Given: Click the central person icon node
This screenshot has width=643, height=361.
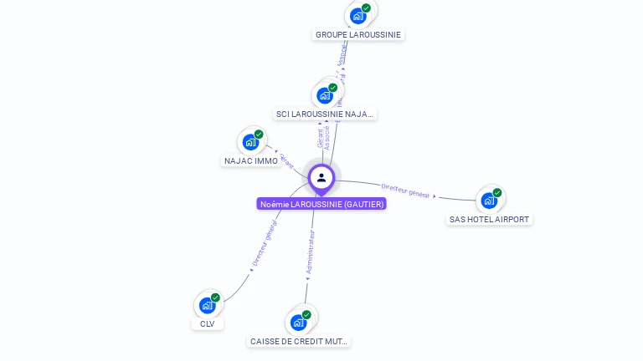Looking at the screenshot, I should (321, 177).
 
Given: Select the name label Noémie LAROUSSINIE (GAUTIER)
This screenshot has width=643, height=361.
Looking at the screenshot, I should (321, 204).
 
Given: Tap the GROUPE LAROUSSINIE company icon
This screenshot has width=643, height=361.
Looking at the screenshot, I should (358, 15).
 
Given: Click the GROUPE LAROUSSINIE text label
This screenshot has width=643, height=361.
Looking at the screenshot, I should (358, 35).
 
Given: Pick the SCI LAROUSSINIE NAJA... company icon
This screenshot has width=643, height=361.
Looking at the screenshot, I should (325, 94).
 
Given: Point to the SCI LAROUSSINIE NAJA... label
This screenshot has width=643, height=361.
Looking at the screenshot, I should (325, 114).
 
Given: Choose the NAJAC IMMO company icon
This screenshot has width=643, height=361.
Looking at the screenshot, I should (250, 142).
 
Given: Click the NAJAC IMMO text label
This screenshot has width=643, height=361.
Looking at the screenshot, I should (251, 160).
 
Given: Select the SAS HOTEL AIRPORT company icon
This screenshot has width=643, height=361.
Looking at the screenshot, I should (489, 201).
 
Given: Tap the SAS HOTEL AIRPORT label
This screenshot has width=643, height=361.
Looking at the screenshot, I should (490, 219).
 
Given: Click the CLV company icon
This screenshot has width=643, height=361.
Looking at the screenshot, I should (207, 306).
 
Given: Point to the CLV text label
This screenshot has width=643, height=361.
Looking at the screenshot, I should (208, 323).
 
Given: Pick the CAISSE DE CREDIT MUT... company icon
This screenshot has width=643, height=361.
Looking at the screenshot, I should (299, 323).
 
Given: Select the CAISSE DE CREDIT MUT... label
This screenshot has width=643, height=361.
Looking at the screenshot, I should (300, 341).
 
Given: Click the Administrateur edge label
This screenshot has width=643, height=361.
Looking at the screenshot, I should (311, 252).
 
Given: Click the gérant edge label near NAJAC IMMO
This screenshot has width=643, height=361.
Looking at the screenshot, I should (287, 160).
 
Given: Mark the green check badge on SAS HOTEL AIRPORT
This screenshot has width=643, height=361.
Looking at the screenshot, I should (497, 192).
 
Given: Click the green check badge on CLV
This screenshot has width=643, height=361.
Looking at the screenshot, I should (215, 297).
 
